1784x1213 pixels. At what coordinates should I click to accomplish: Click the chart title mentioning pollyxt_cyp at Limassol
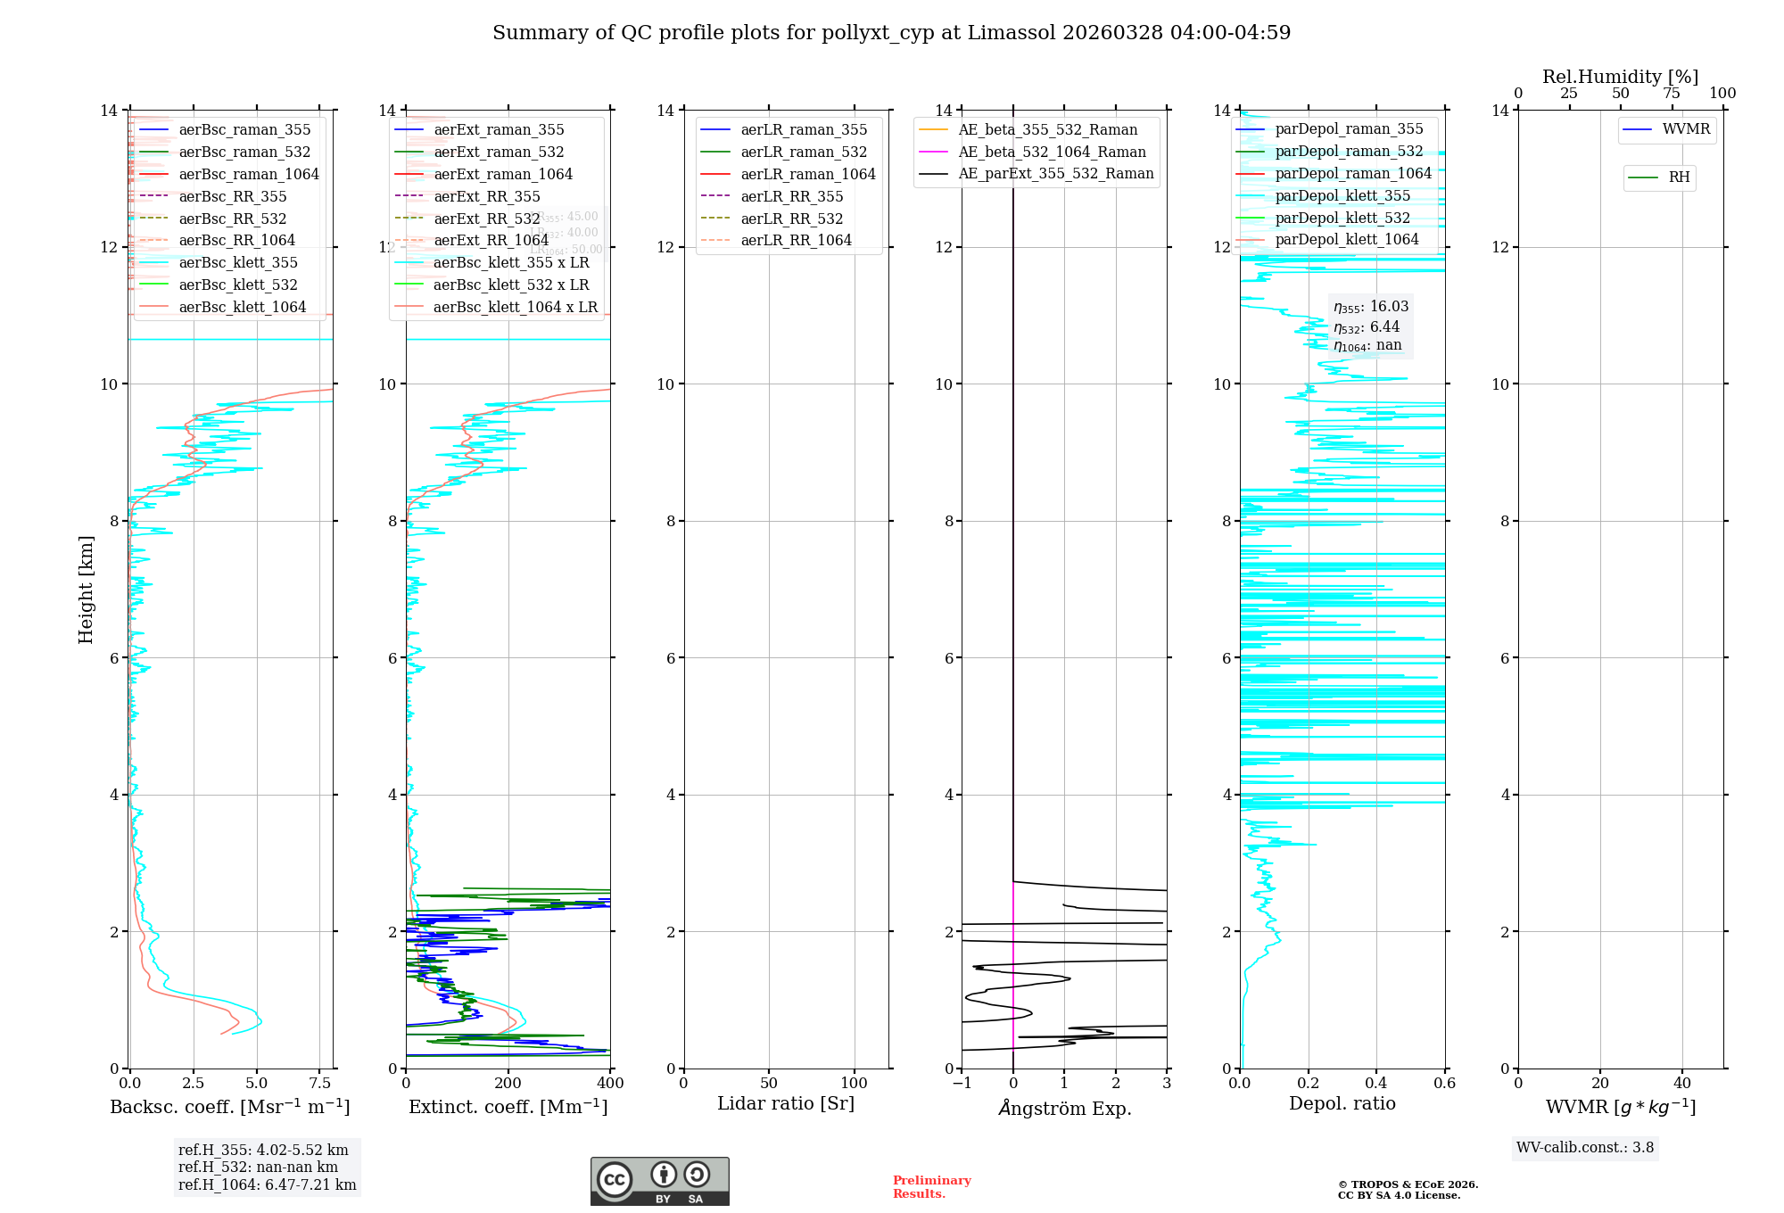891,33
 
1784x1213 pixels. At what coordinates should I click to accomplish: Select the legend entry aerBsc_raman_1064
248,174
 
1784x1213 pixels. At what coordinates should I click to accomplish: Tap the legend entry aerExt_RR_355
486,196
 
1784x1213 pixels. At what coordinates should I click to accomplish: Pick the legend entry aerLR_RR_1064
796,240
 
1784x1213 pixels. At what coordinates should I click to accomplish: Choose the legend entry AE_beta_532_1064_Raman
1052,152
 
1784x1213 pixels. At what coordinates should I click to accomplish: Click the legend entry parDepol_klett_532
1342,218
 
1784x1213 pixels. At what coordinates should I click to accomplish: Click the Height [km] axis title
86,589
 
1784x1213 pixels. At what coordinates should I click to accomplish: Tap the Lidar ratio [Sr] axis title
786,1103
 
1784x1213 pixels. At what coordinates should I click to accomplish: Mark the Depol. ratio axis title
1342,1103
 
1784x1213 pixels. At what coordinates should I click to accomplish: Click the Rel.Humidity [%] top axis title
1620,77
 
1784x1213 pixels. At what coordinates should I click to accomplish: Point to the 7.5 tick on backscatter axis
320,1084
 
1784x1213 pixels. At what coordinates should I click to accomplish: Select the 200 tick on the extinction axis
508,1084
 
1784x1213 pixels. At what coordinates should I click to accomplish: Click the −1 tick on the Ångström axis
961,1084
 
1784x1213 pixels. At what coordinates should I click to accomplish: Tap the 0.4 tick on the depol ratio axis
1376,1084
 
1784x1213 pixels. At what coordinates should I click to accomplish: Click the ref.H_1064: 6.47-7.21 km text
267,1185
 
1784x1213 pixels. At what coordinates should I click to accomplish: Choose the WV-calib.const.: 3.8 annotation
1584,1148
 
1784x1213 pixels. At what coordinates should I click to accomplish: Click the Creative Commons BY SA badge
659,1182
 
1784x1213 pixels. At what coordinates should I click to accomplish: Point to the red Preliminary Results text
931,1187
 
